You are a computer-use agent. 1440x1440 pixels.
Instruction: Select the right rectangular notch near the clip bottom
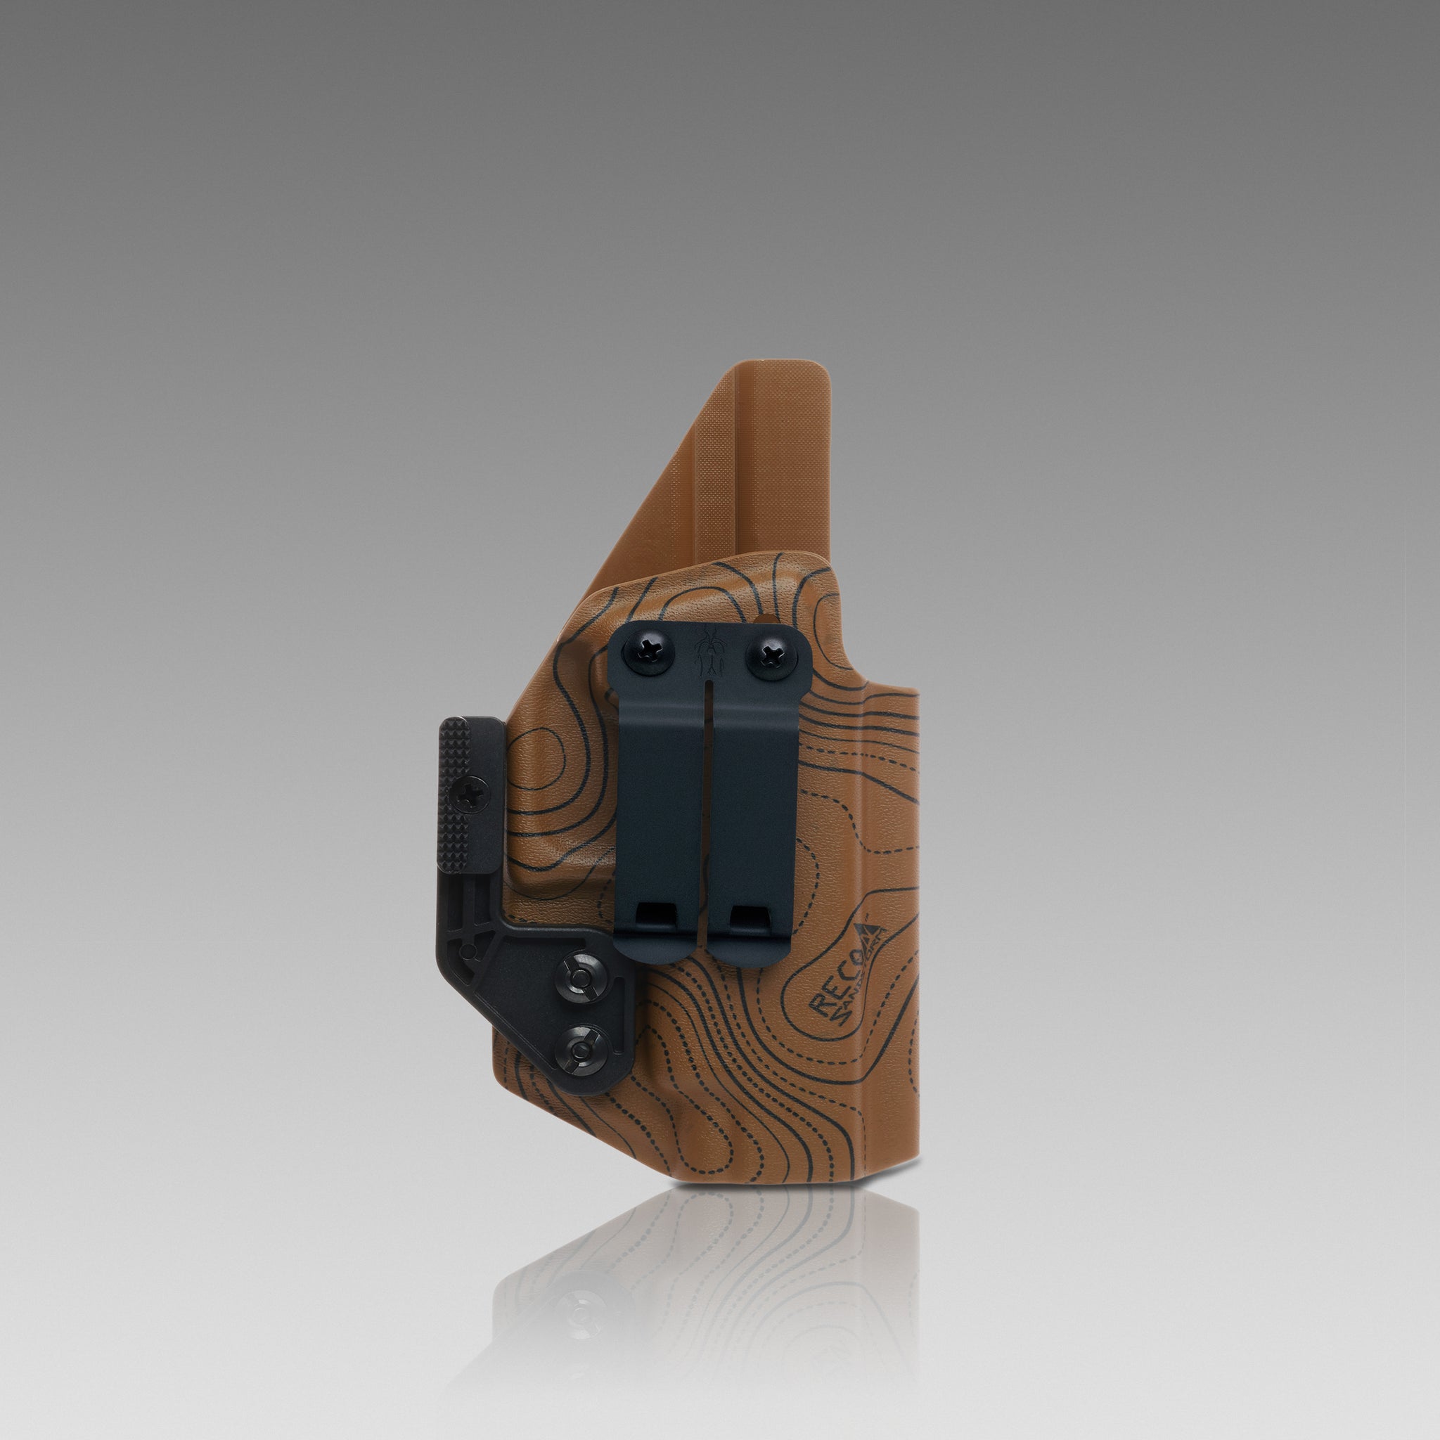750,917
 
